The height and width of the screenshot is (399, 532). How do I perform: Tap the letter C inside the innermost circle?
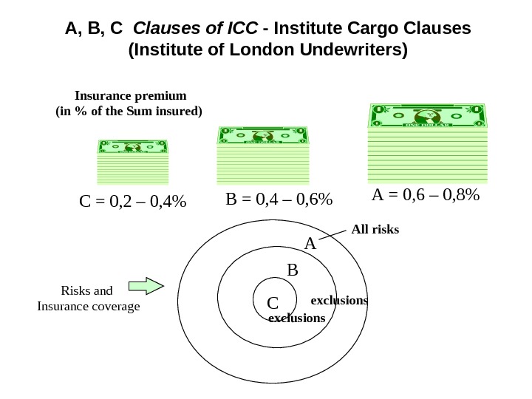coord(272,303)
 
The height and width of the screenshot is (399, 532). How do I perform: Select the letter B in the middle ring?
coord(292,271)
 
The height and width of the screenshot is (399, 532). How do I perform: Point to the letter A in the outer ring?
coord(310,243)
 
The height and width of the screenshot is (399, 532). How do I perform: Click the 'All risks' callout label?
coord(375,230)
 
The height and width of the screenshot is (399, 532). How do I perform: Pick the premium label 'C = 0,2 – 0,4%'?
coord(132,201)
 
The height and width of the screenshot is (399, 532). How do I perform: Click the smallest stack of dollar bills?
coord(133,161)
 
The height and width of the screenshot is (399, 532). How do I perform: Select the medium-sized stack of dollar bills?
coord(262,153)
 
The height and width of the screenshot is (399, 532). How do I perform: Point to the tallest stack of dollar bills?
coord(428,143)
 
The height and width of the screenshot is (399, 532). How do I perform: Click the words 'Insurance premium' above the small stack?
coord(131,96)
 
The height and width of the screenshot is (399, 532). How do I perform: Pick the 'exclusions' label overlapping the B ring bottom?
coord(296,318)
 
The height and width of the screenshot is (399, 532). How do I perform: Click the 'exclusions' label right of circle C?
coord(339,301)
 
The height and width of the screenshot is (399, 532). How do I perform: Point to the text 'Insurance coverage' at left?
coord(88,306)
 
